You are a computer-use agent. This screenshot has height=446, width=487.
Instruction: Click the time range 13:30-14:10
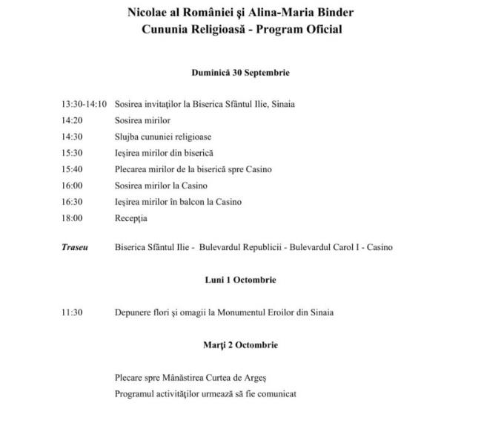tap(84, 104)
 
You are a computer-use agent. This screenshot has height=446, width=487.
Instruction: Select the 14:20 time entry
tap(72, 120)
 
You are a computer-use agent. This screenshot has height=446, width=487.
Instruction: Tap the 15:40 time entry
tap(72, 169)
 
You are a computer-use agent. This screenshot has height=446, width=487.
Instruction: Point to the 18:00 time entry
tap(72, 218)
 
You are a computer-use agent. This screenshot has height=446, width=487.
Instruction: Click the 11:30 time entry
tap(72, 312)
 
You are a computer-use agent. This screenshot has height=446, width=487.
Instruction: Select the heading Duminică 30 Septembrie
tap(240, 73)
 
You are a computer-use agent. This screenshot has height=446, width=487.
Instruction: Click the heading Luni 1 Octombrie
tap(240, 280)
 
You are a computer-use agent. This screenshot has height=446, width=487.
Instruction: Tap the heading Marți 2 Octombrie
tap(240, 345)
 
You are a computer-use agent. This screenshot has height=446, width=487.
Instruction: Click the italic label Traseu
tap(74, 247)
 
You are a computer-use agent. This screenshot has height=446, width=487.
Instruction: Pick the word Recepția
tap(131, 218)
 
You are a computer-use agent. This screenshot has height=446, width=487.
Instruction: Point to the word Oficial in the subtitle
tap(322, 30)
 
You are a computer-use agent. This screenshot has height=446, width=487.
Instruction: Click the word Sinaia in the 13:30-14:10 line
tap(283, 104)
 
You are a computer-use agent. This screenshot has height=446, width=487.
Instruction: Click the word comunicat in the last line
tap(274, 393)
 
